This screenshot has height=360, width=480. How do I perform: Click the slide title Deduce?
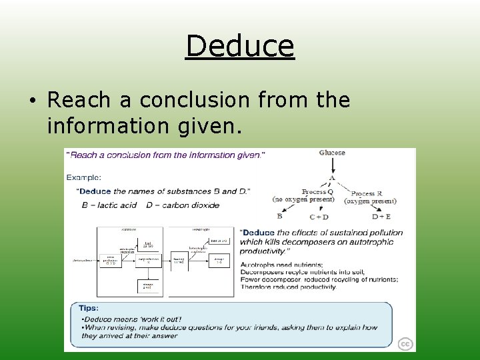240,46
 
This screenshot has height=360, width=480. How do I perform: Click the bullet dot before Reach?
33,101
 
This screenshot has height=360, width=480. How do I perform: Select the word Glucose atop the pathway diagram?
332,153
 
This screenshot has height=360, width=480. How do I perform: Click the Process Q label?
313,192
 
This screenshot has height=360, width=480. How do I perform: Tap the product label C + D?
319,217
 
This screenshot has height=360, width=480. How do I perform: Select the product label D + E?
381,217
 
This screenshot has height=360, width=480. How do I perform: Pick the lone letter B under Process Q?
279,216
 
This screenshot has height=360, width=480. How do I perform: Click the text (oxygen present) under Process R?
371,201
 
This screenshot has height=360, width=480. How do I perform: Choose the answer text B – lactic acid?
109,205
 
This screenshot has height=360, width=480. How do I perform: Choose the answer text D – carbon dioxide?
182,205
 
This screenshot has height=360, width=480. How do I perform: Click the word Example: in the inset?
84,177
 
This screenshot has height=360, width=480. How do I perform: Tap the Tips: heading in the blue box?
89,308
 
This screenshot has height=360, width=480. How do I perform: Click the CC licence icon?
405,344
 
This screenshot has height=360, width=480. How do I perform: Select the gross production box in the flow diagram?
111,260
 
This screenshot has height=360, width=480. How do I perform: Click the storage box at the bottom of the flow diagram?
147,286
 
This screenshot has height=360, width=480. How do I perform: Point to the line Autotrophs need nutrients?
282,265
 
